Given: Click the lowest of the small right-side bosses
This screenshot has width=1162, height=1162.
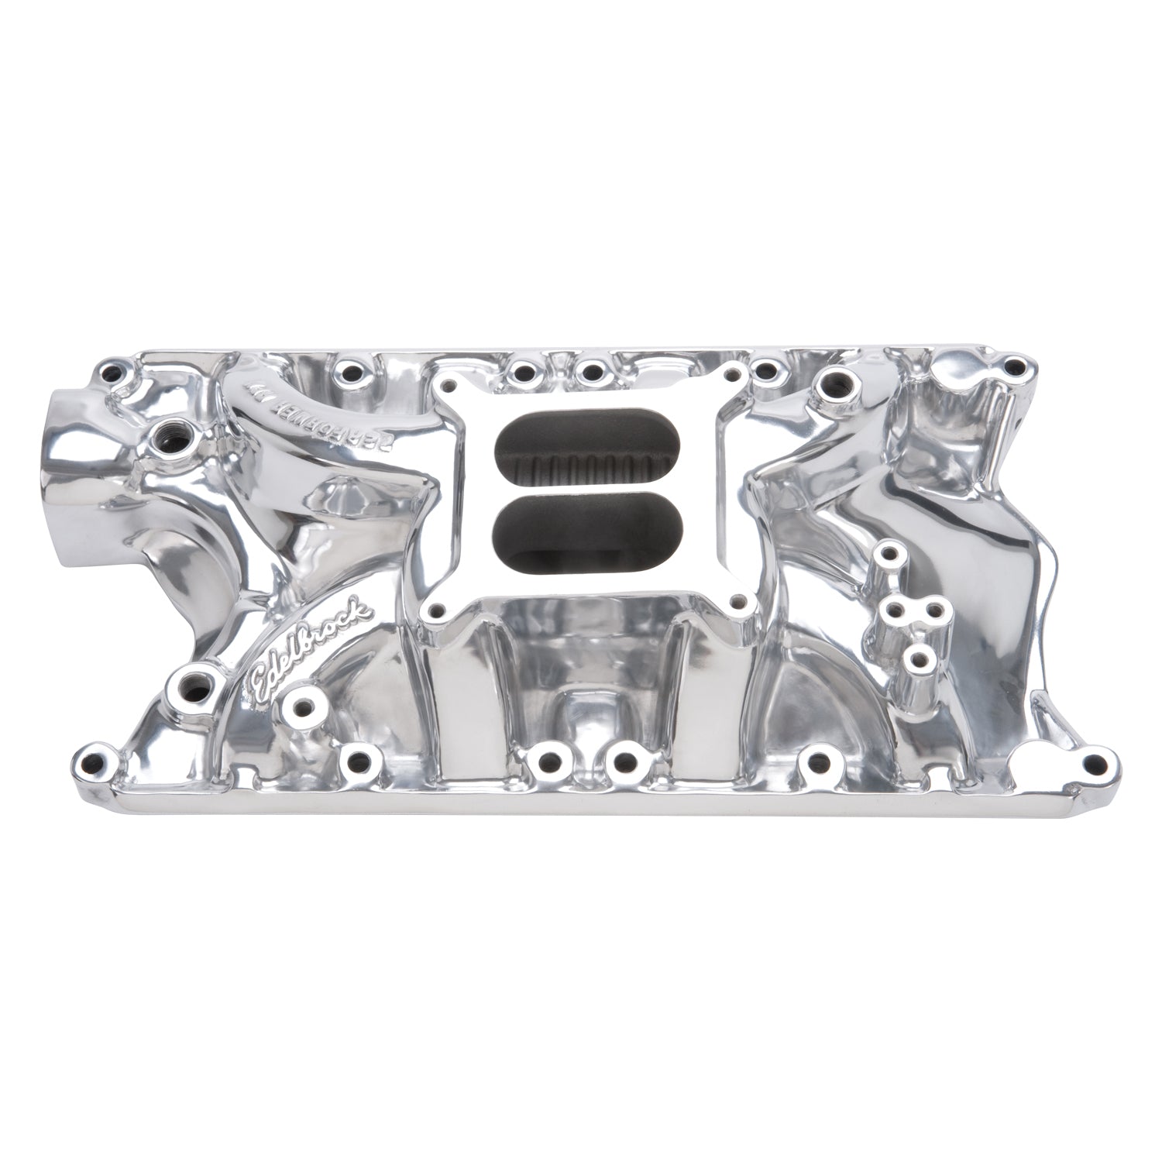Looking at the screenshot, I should [920, 661].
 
